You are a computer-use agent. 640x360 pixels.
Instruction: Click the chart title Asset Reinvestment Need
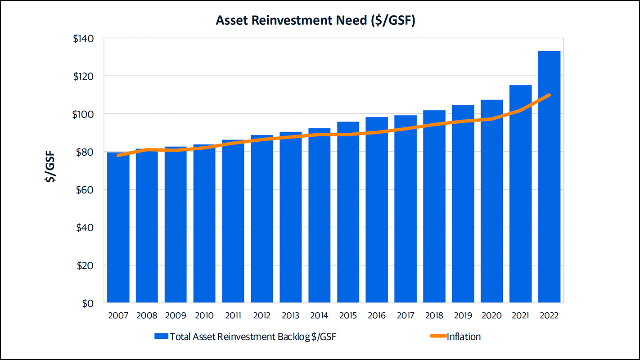[x=315, y=21]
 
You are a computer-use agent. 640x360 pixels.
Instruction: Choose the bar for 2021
[x=520, y=193]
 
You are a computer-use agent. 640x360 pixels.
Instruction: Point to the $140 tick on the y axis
[x=83, y=38]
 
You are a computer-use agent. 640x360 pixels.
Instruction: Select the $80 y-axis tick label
[x=85, y=152]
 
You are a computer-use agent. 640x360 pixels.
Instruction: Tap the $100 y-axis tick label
[x=83, y=114]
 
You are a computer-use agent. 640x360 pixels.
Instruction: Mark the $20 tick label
[x=85, y=265]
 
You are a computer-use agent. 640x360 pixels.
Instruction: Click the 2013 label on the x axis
[x=290, y=316]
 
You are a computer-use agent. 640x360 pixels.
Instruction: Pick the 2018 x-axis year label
[x=434, y=316]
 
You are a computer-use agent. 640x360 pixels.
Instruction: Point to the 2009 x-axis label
[x=176, y=316]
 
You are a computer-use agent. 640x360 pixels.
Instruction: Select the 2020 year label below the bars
[x=492, y=316]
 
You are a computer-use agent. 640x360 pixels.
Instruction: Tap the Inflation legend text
[x=464, y=337]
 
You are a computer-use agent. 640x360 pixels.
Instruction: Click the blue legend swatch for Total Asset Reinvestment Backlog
[x=161, y=337]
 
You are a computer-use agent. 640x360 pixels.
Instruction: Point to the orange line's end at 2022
[x=549, y=95]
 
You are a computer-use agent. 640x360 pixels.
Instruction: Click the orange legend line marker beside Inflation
[x=436, y=337]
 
